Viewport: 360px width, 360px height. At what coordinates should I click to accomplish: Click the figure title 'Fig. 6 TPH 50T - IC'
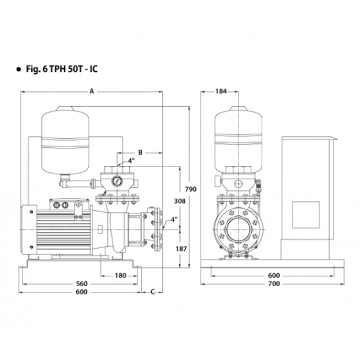tap(62, 69)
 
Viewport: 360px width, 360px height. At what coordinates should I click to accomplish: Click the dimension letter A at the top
tap(92, 91)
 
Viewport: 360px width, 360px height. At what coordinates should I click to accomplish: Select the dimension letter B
tap(140, 152)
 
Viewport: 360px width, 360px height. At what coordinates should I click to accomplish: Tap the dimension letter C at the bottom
tap(153, 292)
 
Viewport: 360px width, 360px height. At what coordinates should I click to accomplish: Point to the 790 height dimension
tap(191, 189)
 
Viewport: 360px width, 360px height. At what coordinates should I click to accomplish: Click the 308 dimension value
tap(179, 201)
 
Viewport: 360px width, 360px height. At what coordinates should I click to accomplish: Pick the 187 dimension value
tap(181, 249)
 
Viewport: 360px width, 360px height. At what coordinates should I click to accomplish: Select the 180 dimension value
tap(121, 275)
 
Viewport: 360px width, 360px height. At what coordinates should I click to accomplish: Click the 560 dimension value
tap(82, 283)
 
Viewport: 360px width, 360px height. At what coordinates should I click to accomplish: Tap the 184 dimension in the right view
tap(221, 91)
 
